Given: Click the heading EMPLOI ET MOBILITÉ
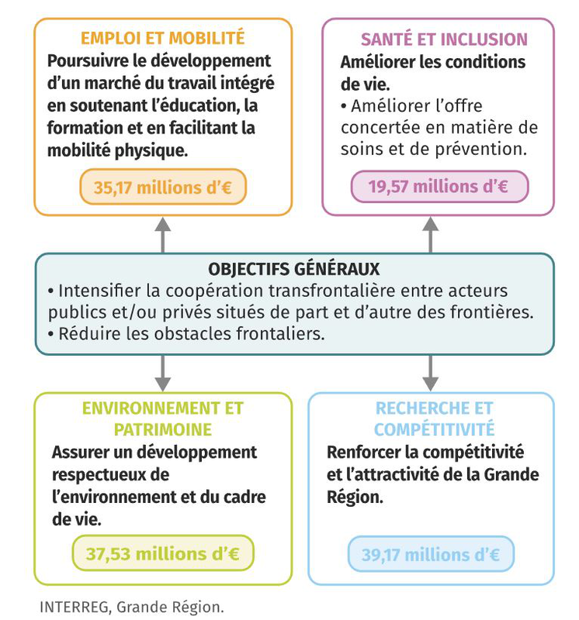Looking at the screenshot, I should click(x=163, y=37).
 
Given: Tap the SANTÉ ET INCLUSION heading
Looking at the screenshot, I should click(x=444, y=40).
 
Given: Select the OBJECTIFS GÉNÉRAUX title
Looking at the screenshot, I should click(x=294, y=270).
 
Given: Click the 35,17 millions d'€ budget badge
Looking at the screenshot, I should click(x=163, y=187).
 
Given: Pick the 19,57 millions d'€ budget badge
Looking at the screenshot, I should click(x=439, y=187).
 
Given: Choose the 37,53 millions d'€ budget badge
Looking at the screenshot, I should click(x=162, y=554).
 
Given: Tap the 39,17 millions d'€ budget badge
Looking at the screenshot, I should click(x=430, y=555).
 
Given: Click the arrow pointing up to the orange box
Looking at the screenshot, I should click(x=162, y=234).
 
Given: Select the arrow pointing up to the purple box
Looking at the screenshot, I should click(x=430, y=234).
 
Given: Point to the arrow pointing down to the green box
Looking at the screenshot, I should click(x=162, y=374).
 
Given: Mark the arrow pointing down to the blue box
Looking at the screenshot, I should click(x=430, y=374).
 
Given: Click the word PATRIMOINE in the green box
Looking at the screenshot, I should click(x=162, y=429).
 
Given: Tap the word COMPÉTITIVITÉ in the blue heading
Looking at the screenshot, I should click(x=434, y=429).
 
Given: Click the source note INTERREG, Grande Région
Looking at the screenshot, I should click(x=131, y=607).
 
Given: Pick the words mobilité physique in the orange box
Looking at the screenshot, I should click(x=116, y=150).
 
